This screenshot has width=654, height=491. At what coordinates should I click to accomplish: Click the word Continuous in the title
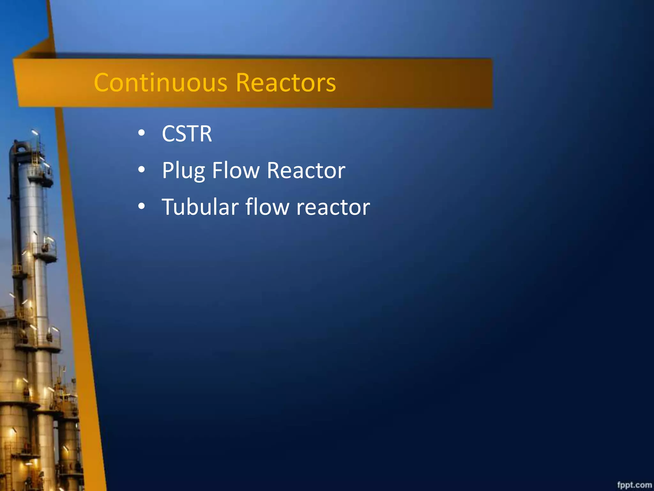click(161, 82)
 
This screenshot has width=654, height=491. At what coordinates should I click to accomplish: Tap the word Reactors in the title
click(286, 82)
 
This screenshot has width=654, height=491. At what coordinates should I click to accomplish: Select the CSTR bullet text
click(187, 134)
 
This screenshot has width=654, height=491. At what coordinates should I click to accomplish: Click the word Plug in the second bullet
click(183, 170)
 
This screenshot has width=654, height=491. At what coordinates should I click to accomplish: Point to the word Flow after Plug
click(236, 170)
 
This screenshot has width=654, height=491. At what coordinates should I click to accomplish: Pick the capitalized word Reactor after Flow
click(306, 170)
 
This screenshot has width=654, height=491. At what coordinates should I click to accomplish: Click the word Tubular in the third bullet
click(200, 207)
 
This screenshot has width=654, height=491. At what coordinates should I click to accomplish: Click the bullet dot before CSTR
click(141, 133)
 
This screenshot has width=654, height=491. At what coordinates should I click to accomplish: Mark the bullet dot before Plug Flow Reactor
click(141, 169)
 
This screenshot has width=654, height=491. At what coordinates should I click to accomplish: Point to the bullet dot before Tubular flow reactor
click(141, 206)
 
